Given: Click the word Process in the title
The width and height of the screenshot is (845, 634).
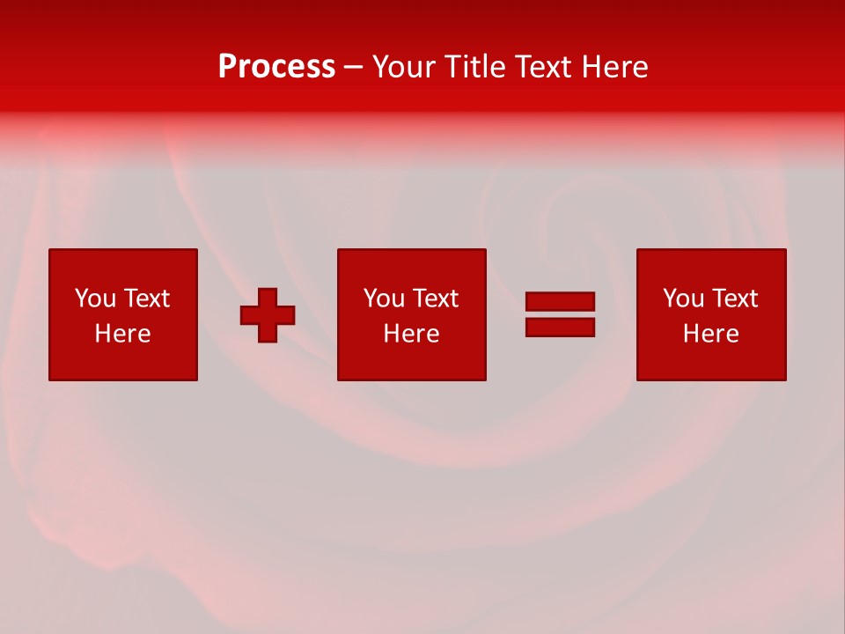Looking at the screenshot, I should [x=276, y=67].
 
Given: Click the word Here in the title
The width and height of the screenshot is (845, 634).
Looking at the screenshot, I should [x=617, y=67].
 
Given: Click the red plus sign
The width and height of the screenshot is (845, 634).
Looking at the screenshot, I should [x=268, y=314].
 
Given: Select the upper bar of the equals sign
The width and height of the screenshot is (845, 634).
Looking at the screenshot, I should [x=560, y=302].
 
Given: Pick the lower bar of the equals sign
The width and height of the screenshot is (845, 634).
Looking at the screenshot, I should [x=560, y=327].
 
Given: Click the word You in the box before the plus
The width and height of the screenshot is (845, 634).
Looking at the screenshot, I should [x=95, y=299].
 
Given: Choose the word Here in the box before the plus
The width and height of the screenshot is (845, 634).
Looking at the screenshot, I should [x=122, y=334].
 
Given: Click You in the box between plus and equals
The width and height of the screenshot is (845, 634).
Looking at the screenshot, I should [x=384, y=299].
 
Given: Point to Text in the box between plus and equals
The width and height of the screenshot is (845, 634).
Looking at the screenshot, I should [x=434, y=299].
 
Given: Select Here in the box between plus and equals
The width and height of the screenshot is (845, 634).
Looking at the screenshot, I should [x=411, y=334].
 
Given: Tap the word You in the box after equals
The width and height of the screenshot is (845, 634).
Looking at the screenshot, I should [x=683, y=299].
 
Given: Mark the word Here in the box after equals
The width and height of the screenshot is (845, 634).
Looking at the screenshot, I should [x=710, y=334].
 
